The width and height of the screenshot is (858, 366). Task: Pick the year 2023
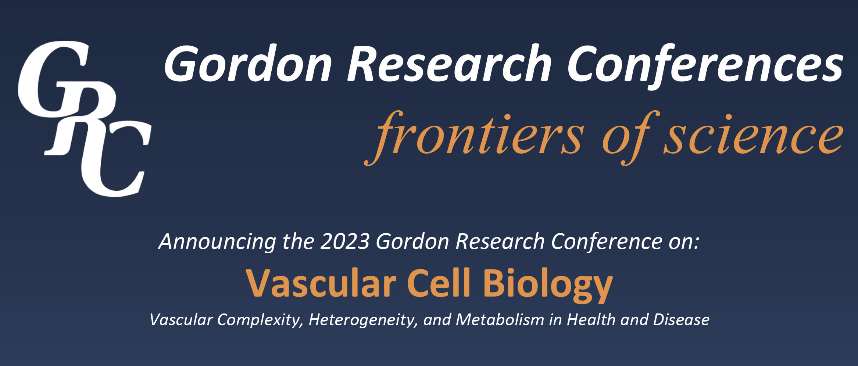345,242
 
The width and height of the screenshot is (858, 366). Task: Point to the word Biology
548,286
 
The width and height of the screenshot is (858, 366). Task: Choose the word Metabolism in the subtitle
500,320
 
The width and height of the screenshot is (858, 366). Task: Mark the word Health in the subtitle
591,319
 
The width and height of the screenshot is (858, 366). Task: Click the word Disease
681,320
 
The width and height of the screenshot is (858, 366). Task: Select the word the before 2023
298,242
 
